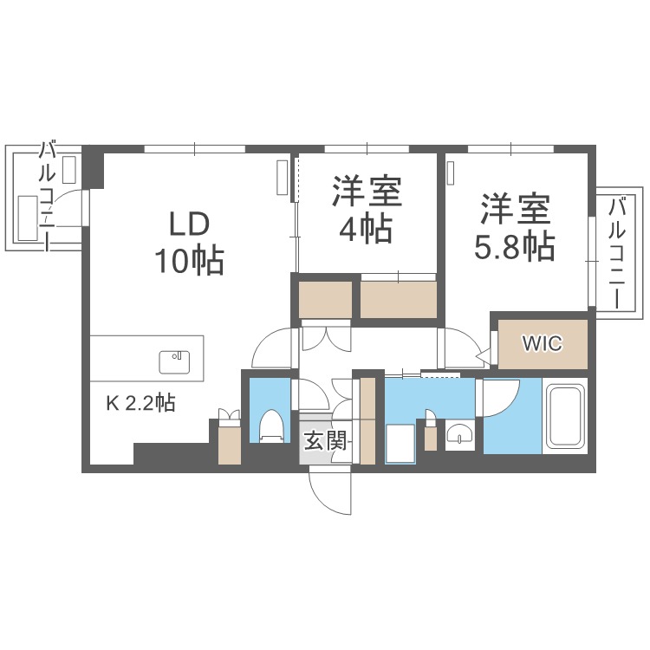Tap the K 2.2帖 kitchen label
[141, 403]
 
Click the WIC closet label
[542, 343]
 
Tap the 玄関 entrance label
[326, 441]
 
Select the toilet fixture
[271, 426]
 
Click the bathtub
[565, 415]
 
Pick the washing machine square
[401, 444]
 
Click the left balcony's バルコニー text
[49, 195]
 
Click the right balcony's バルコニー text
[617, 251]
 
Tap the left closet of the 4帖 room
[325, 300]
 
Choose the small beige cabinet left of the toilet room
[230, 442]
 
